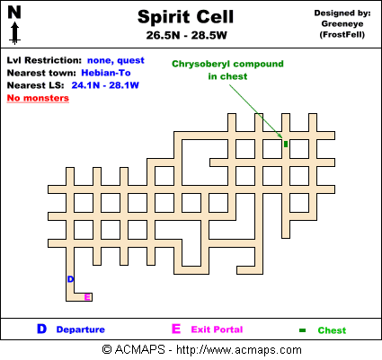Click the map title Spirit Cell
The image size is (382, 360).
[185, 17]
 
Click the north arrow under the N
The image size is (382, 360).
[14, 33]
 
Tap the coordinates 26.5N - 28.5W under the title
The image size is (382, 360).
[187, 35]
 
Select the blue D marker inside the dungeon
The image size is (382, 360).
[70, 279]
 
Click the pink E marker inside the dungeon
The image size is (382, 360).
[87, 297]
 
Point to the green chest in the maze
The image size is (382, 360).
[286, 145]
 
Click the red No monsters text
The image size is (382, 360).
[38, 98]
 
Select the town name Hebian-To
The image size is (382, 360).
[106, 73]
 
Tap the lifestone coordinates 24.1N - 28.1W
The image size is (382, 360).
[105, 85]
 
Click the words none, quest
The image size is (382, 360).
[116, 60]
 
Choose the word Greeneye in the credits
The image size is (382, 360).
[342, 24]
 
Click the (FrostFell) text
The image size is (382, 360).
[342, 35]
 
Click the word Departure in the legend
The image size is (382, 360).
[81, 329]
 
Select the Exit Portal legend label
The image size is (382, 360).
[217, 329]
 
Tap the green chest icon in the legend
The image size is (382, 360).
[302, 330]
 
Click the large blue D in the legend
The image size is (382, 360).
[42, 329]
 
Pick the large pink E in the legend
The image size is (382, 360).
[176, 329]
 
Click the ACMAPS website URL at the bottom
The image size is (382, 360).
[239, 349]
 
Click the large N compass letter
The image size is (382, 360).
[14, 13]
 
